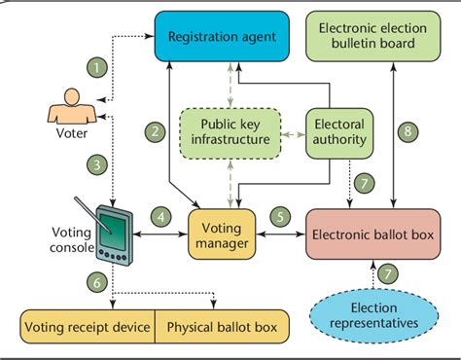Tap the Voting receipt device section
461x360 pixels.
(88, 325)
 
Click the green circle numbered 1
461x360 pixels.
(95, 68)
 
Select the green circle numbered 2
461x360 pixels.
(155, 129)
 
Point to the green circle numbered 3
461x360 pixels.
(95, 165)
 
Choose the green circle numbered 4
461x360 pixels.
(161, 216)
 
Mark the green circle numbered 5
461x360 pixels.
(278, 216)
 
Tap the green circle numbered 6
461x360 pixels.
(95, 281)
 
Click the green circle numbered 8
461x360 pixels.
(408, 128)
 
